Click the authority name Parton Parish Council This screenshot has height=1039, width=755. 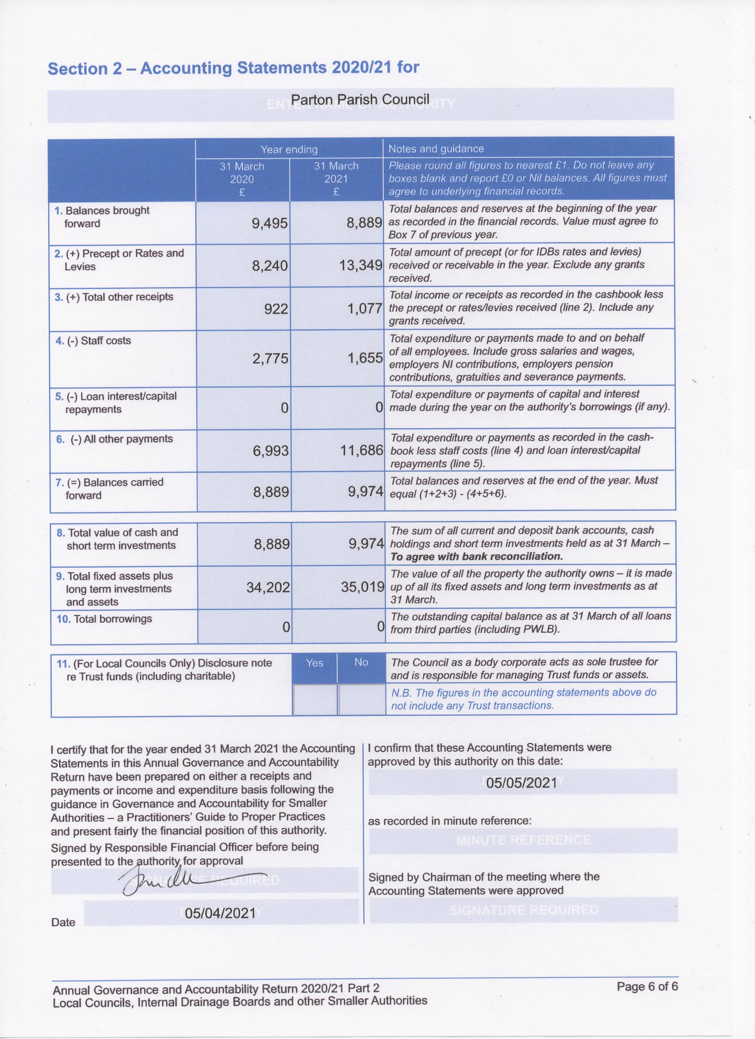tap(360, 100)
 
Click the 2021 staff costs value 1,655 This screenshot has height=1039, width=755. tap(365, 358)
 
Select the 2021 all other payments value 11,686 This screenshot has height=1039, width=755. tap(361, 451)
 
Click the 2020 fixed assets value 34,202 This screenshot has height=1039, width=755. tap(268, 587)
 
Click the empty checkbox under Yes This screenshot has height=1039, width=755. tap(315, 699)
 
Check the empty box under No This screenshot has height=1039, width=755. tap(361, 699)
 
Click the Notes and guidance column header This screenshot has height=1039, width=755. tap(436, 149)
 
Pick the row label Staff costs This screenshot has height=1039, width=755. tap(105, 341)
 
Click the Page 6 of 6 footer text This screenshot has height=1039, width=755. tap(647, 986)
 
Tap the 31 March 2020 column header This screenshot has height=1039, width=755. tap(242, 179)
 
